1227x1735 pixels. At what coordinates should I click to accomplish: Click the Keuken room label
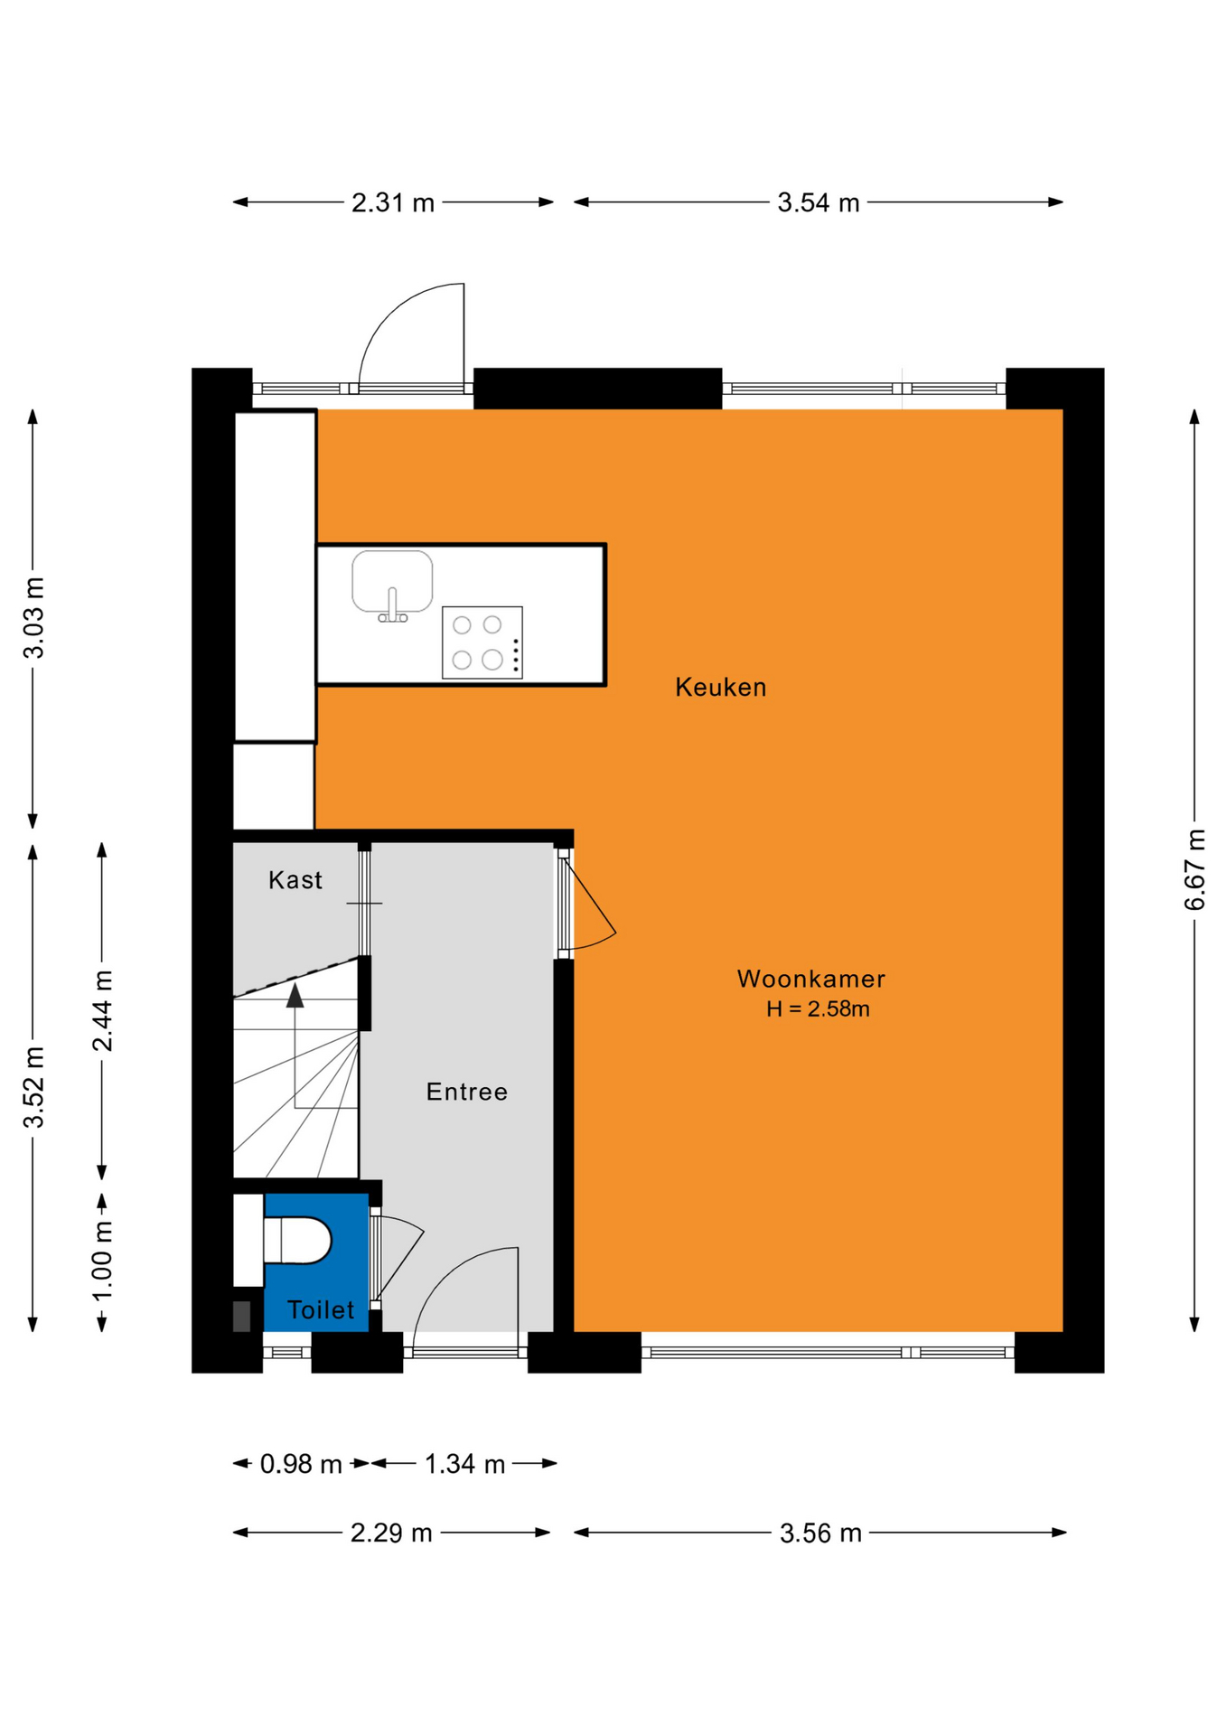pyautogui.click(x=720, y=688)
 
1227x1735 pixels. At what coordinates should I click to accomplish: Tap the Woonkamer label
pyautogui.click(x=810, y=979)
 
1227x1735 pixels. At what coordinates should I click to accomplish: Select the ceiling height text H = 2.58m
pyautogui.click(x=818, y=1009)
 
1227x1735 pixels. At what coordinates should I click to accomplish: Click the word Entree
pyautogui.click(x=466, y=1092)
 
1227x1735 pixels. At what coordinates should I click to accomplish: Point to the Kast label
pyautogui.click(x=295, y=880)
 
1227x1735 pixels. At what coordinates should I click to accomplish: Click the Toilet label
pyautogui.click(x=321, y=1310)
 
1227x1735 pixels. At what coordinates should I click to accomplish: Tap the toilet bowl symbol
pyautogui.click(x=297, y=1240)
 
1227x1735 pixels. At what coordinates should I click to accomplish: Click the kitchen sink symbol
pyautogui.click(x=392, y=586)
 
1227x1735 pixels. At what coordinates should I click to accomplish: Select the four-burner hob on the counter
pyautogui.click(x=482, y=642)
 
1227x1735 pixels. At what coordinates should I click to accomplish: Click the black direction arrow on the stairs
pyautogui.click(x=295, y=996)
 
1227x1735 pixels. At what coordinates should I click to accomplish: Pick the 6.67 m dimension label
pyautogui.click(x=1194, y=869)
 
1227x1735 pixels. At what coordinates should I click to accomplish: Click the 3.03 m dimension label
pyautogui.click(x=33, y=618)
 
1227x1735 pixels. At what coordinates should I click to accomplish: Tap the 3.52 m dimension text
pyautogui.click(x=33, y=1088)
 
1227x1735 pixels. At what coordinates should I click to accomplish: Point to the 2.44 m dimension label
pyautogui.click(x=103, y=1011)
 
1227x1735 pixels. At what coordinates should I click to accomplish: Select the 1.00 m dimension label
pyautogui.click(x=103, y=1261)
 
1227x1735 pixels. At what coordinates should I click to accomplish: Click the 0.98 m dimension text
pyautogui.click(x=301, y=1464)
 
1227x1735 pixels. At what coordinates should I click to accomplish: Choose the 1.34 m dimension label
pyautogui.click(x=464, y=1464)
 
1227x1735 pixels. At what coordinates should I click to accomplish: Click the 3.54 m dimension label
pyautogui.click(x=819, y=202)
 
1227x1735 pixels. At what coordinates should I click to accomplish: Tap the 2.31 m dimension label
pyautogui.click(x=393, y=202)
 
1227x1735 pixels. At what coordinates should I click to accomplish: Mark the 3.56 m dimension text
pyautogui.click(x=820, y=1533)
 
